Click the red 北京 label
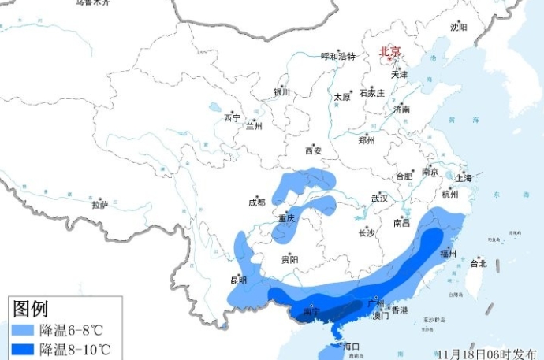tap(390, 52)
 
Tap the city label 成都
tap(257, 202)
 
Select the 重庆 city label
tap(286, 218)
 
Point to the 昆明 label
tap(238, 280)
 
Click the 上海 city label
tap(463, 179)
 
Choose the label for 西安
tap(314, 151)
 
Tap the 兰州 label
tap(254, 125)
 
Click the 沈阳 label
tap(458, 28)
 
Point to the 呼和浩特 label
tap(338, 56)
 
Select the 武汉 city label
tap(379, 199)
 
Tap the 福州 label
tap(449, 254)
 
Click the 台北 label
tap(479, 263)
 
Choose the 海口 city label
tap(352, 347)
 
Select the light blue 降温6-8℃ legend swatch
tap(24, 329)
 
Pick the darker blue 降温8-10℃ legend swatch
tap(24, 349)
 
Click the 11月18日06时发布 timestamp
tap(487, 352)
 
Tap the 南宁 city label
tap(312, 313)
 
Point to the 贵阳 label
tap(289, 259)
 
